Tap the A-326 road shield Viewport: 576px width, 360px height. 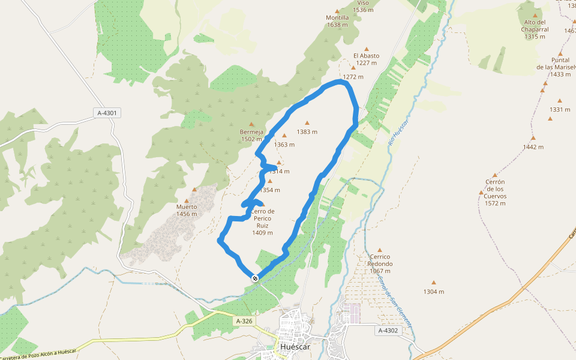(x=244, y=321)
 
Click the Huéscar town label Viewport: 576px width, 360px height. (x=295, y=347)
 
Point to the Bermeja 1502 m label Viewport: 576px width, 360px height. (x=251, y=136)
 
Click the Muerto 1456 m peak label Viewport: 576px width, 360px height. (x=187, y=210)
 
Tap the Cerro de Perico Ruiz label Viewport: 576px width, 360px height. (x=262, y=222)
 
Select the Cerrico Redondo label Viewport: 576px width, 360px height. (x=380, y=263)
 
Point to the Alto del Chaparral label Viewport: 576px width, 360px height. (x=535, y=29)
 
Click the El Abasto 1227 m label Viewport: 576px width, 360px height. (x=366, y=59)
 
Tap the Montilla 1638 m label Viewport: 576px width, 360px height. (x=337, y=21)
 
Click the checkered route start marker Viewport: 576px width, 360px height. (x=256, y=278)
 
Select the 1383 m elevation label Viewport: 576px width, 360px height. (x=307, y=132)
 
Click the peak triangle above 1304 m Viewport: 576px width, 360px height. (x=434, y=283)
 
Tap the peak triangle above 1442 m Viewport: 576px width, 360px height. (x=533, y=138)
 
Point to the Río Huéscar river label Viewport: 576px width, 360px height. (x=398, y=132)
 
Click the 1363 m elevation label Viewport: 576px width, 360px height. (x=284, y=145)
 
